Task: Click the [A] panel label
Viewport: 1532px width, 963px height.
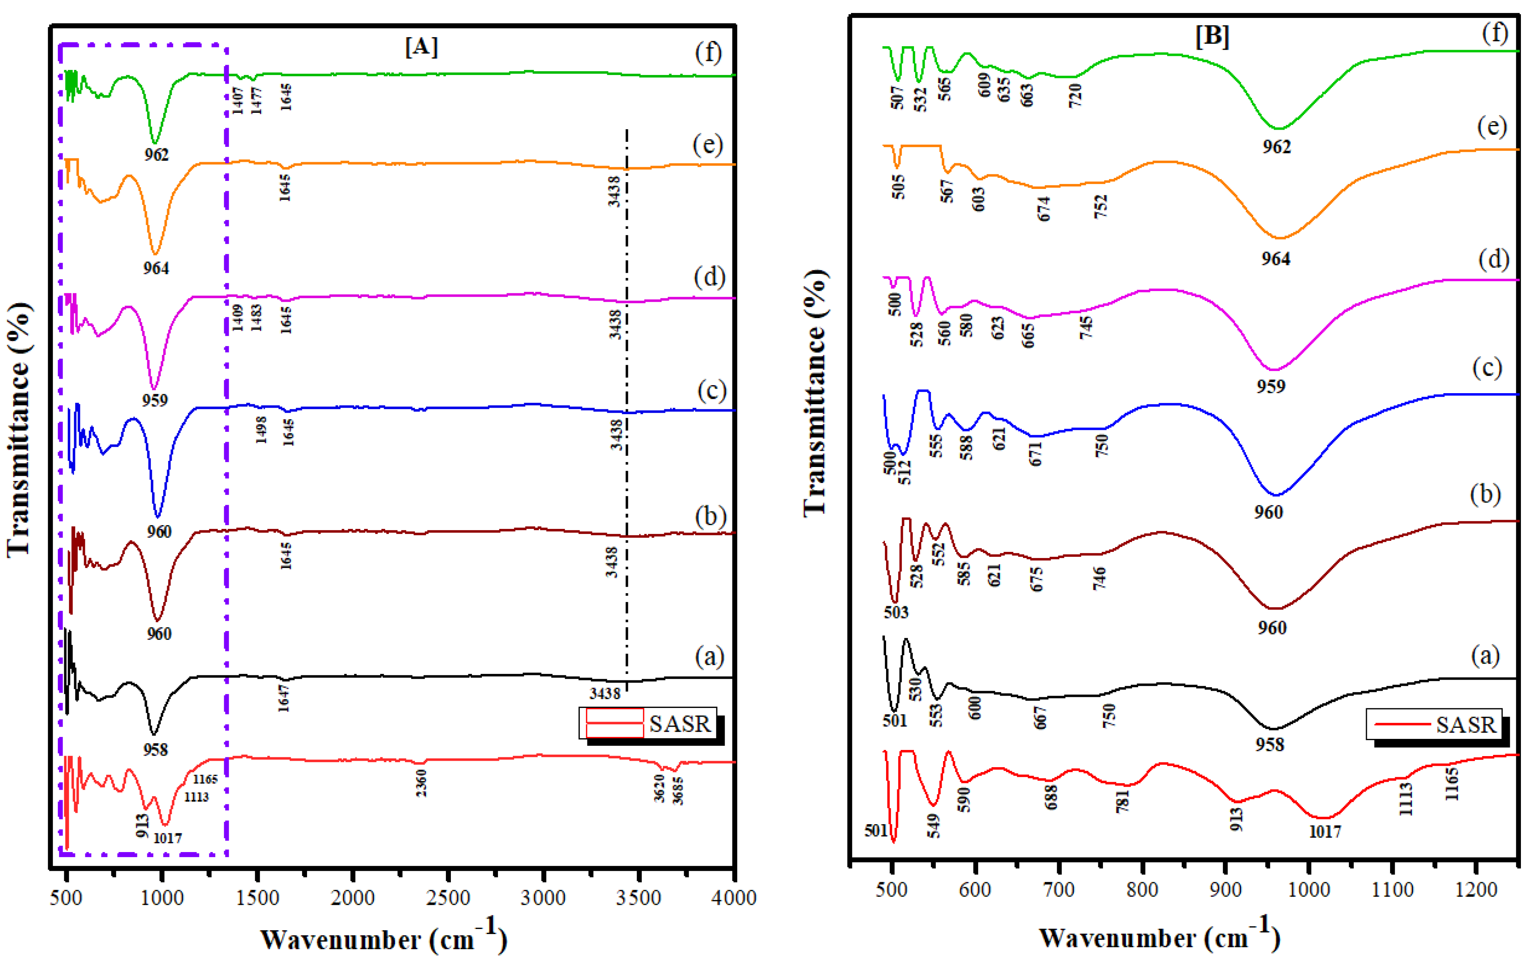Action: point(421,47)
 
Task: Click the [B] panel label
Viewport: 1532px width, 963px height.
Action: point(1212,36)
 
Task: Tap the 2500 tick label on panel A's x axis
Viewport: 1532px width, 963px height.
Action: point(448,898)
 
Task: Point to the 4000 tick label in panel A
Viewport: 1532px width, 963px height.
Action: point(735,898)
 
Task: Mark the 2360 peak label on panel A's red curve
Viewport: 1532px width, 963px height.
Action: point(421,782)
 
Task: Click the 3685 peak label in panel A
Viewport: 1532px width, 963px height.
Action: point(678,791)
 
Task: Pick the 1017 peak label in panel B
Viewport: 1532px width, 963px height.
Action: point(1325,831)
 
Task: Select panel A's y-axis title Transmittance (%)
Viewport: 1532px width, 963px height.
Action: point(19,429)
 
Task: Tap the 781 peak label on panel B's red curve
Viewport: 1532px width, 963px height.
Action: point(1123,800)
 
